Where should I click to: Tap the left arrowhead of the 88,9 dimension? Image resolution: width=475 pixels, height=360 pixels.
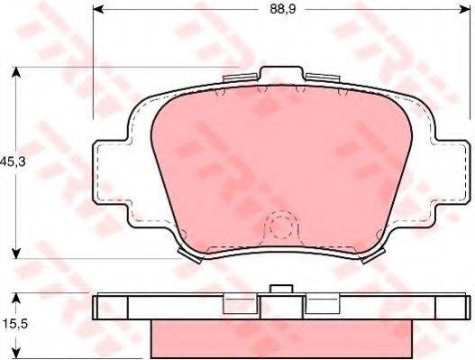(96, 11)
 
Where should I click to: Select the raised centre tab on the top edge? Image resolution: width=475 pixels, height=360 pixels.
(282, 74)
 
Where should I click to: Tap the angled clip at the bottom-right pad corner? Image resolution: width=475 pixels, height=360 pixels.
(370, 255)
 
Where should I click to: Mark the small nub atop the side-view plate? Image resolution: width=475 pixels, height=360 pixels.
(282, 290)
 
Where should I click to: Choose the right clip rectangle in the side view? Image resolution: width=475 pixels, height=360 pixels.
(322, 306)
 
